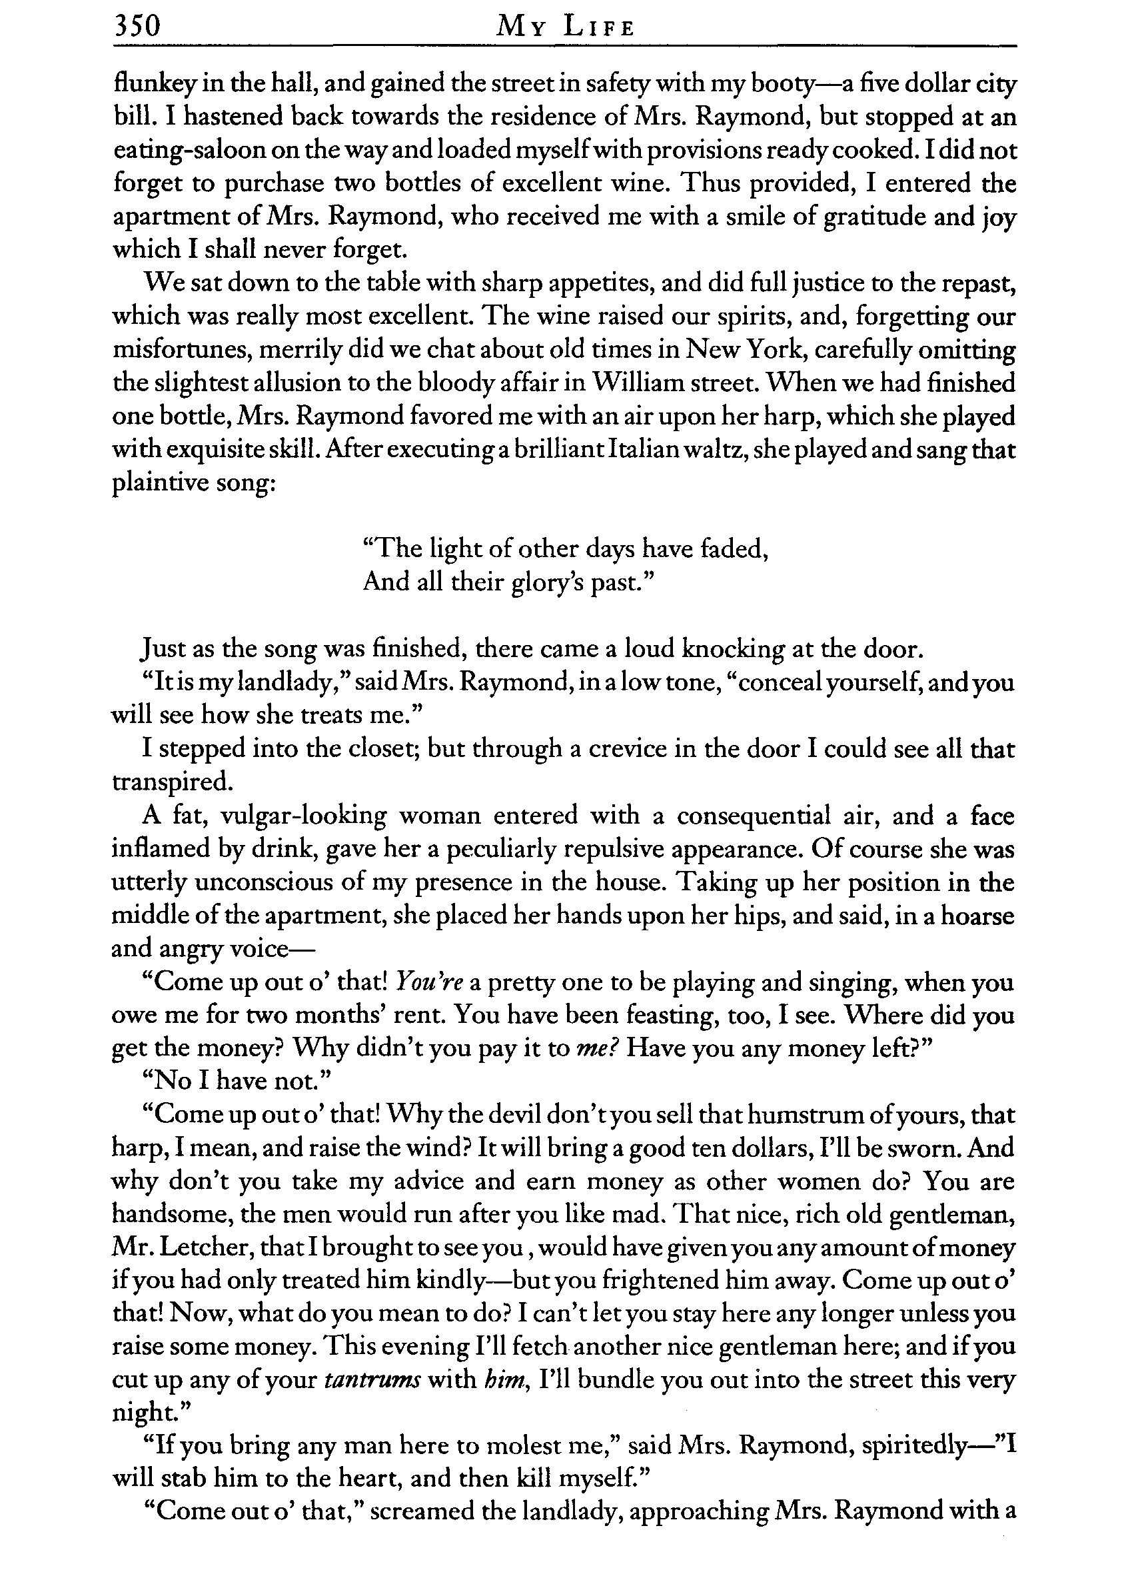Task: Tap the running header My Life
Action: pyautogui.click(x=566, y=28)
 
